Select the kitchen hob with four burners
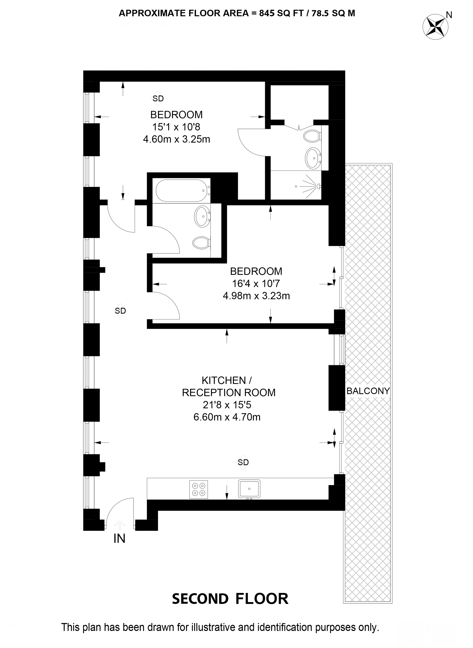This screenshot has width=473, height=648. pyautogui.click(x=198, y=490)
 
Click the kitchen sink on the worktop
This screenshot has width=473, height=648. pyautogui.click(x=249, y=489)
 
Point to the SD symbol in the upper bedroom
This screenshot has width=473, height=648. pyautogui.click(x=158, y=98)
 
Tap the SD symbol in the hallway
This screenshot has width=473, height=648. pyautogui.click(x=120, y=311)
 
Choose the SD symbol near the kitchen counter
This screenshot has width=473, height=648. pyautogui.click(x=243, y=462)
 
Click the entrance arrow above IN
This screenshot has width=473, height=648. pyautogui.click(x=120, y=525)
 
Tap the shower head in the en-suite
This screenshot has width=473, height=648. pyautogui.click(x=319, y=186)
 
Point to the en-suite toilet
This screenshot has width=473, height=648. pyautogui.click(x=312, y=136)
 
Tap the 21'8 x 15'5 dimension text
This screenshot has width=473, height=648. pyautogui.click(x=227, y=405)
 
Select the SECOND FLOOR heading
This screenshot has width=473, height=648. pyautogui.click(x=230, y=599)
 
